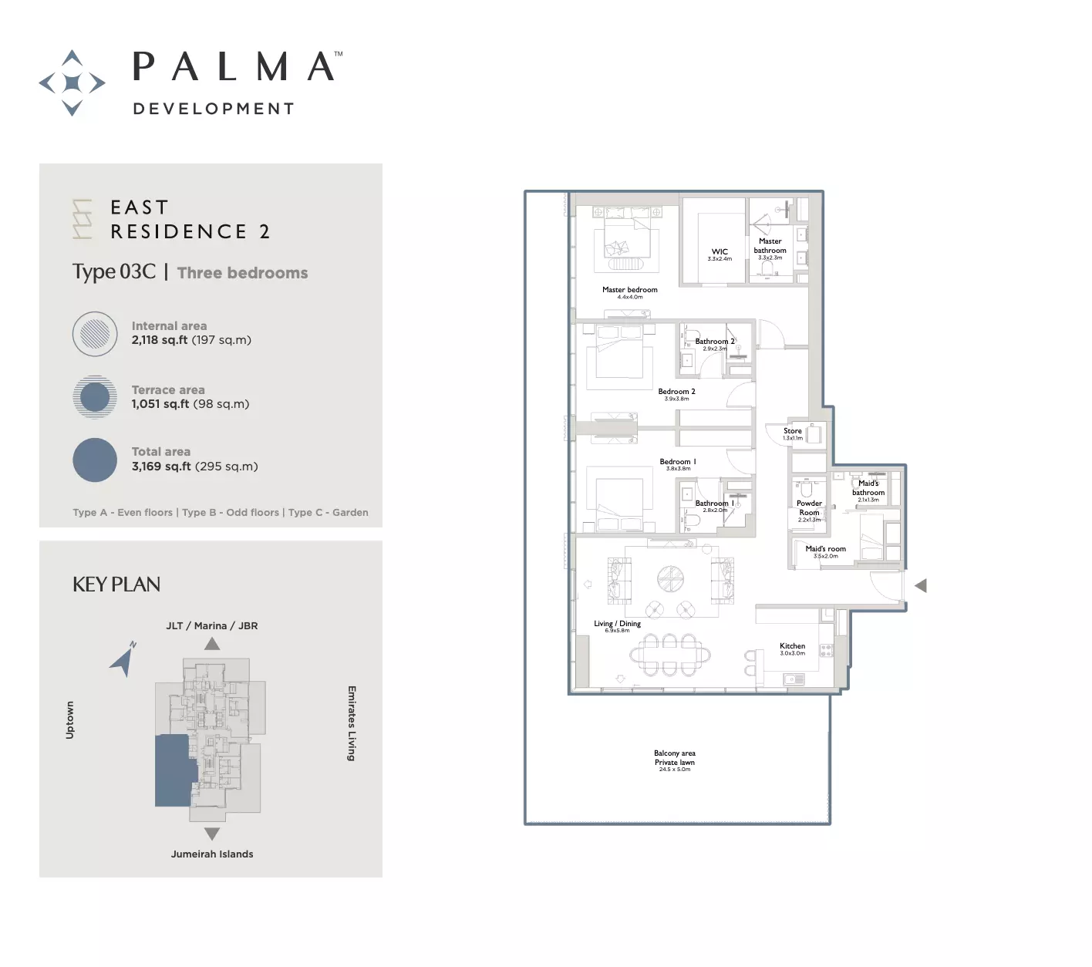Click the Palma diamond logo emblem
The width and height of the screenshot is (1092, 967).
click(72, 83)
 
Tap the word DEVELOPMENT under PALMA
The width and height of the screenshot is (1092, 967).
click(214, 109)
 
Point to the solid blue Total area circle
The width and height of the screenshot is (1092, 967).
click(95, 460)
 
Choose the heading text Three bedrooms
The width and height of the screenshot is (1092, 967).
click(242, 273)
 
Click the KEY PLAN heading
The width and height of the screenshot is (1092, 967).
click(116, 585)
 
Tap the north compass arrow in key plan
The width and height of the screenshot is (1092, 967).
click(123, 660)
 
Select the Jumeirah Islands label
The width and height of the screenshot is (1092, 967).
click(212, 854)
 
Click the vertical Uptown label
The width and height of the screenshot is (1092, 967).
click(70, 719)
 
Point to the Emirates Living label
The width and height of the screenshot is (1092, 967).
click(352, 723)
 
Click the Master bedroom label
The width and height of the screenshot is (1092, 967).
click(629, 290)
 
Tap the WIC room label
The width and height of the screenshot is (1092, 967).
click(720, 252)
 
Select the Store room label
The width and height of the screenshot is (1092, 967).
click(792, 431)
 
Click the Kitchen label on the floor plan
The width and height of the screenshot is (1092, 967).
click(792, 646)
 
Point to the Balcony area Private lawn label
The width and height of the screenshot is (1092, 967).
click(674, 758)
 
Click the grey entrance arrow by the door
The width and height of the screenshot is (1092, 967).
click(920, 586)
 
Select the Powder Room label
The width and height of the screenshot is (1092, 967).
click(809, 508)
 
